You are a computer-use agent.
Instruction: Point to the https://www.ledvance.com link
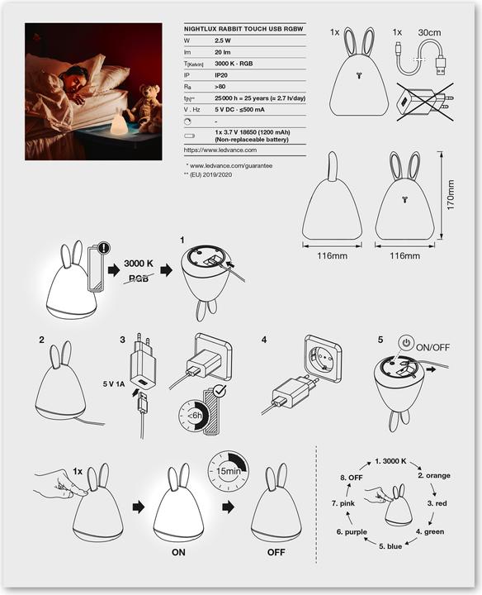click(221, 150)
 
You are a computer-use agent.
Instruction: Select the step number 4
click(264, 340)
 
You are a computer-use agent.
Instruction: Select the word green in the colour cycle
click(432, 531)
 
